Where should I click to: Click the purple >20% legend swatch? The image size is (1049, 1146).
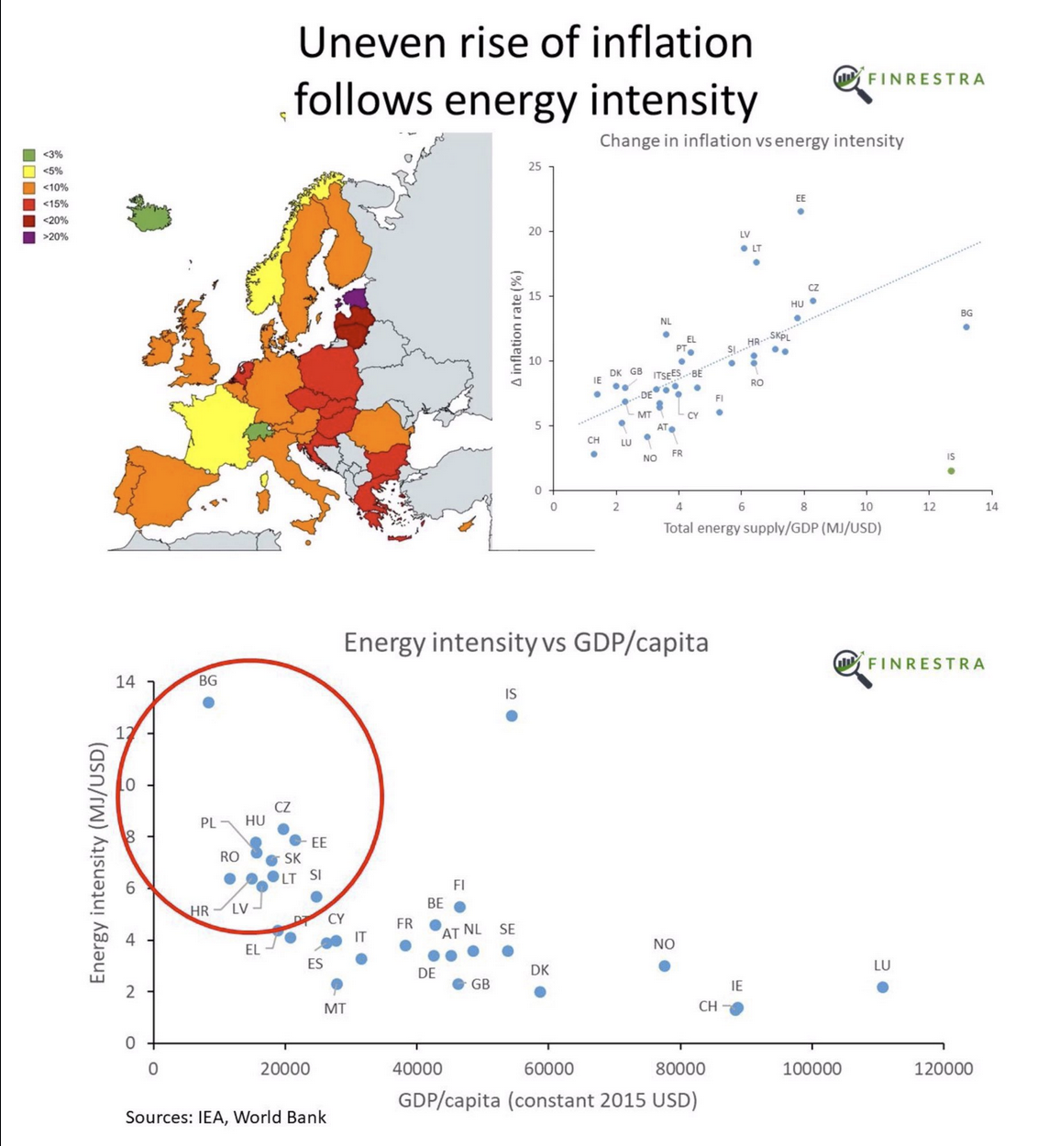pyautogui.click(x=29, y=237)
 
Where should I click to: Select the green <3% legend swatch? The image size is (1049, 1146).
pyautogui.click(x=29, y=155)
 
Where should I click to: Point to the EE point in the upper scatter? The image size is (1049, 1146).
pyautogui.click(x=801, y=212)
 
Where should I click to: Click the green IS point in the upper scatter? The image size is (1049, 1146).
pyautogui.click(x=951, y=471)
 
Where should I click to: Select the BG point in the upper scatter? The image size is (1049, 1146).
pyautogui.click(x=966, y=327)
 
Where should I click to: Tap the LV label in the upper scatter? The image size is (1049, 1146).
pyautogui.click(x=745, y=235)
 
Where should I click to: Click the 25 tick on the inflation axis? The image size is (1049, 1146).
pyautogui.click(x=536, y=167)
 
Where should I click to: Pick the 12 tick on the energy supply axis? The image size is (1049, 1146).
pyautogui.click(x=929, y=507)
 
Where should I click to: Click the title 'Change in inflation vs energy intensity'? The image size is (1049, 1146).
pyautogui.click(x=751, y=141)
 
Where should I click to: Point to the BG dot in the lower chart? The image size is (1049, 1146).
pyautogui.click(x=209, y=703)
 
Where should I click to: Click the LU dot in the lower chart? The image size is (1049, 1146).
pyautogui.click(x=882, y=987)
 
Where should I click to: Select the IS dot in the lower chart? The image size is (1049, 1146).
pyautogui.click(x=512, y=716)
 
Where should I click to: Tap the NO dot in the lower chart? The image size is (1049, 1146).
pyautogui.click(x=665, y=966)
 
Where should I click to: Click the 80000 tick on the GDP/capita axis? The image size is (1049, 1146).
pyautogui.click(x=680, y=1069)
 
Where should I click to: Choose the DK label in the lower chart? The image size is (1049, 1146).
pyautogui.click(x=540, y=971)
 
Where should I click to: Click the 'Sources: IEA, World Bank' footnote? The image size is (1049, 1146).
pyautogui.click(x=226, y=1117)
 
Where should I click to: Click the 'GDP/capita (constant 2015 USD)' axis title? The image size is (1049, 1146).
pyautogui.click(x=547, y=1100)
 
